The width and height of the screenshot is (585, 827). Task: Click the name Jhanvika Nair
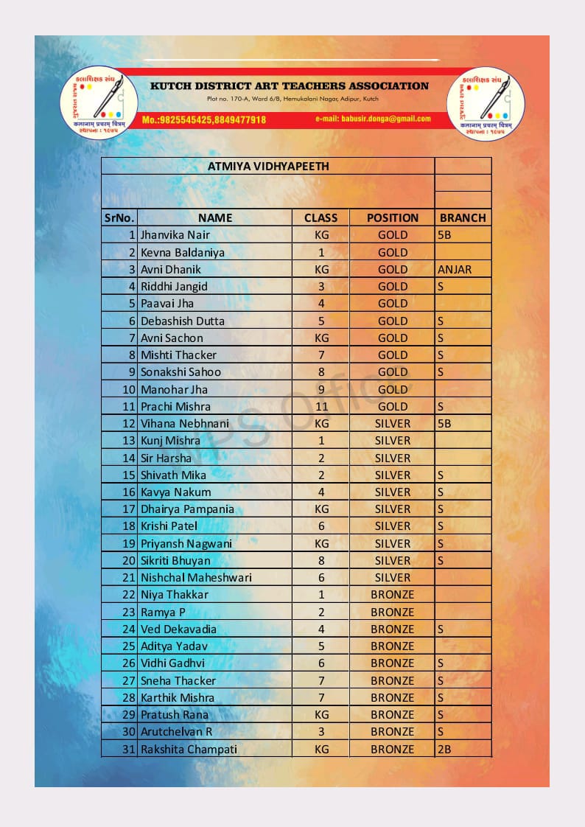pyautogui.click(x=175, y=235)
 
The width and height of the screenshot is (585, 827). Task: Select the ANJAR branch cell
pyautogui.click(x=455, y=269)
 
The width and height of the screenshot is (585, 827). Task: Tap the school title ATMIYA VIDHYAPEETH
pyautogui.click(x=268, y=166)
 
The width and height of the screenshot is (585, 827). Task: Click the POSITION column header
pyautogui.click(x=393, y=217)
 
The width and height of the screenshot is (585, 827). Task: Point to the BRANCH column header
pyautogui.click(x=463, y=217)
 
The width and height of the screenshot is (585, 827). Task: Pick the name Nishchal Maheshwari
pyautogui.click(x=196, y=577)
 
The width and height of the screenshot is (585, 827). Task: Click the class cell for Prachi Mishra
pyautogui.click(x=321, y=406)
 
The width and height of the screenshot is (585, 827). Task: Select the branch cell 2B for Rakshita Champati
pyautogui.click(x=444, y=749)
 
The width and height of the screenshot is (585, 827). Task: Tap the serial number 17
pyautogui.click(x=129, y=509)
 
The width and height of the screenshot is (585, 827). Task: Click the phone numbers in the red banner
pyautogui.click(x=204, y=119)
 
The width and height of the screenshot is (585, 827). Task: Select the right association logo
pyautogui.click(x=486, y=102)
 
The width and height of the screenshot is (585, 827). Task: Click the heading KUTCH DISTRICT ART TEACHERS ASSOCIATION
pyautogui.click(x=290, y=86)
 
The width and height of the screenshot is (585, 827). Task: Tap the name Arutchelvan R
pyautogui.click(x=176, y=731)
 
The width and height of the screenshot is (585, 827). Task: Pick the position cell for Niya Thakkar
pyautogui.click(x=393, y=594)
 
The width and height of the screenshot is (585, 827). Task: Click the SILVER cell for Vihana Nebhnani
pyautogui.click(x=393, y=423)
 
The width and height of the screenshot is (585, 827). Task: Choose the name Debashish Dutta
pyautogui.click(x=183, y=321)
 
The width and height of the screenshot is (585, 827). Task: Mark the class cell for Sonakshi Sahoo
pyautogui.click(x=321, y=371)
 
